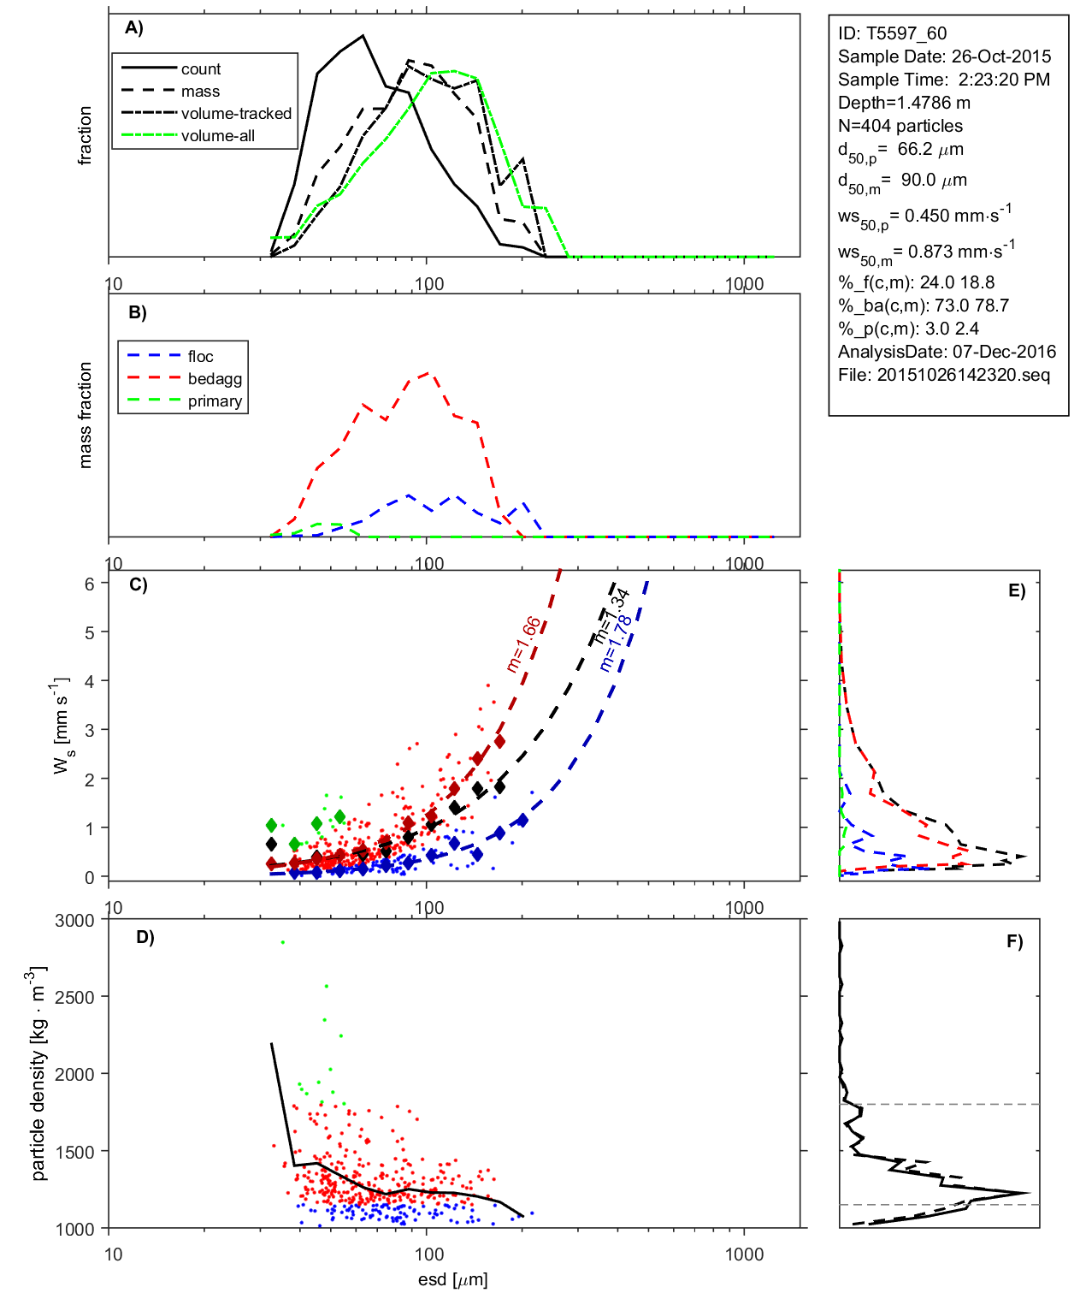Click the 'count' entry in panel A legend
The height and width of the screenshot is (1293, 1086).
[200, 69]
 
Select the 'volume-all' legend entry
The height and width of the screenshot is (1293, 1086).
[217, 136]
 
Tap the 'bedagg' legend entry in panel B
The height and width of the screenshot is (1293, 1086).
[215, 379]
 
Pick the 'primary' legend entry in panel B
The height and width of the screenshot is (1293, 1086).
[215, 401]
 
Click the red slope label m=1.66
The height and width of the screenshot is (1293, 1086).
[523, 644]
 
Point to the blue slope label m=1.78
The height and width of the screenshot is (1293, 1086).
[616, 644]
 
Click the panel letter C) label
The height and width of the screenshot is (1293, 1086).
[138, 585]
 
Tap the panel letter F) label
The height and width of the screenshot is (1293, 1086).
[1014, 942]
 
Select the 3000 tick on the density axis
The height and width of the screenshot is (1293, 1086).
[74, 921]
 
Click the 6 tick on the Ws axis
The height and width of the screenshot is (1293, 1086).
[89, 584]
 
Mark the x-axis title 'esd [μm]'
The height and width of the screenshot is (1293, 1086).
[452, 1280]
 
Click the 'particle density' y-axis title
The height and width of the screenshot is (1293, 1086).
[38, 1073]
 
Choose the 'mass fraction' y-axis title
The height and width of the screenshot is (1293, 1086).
[85, 415]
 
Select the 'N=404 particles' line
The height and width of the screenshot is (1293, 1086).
[900, 126]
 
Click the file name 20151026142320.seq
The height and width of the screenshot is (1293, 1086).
[963, 375]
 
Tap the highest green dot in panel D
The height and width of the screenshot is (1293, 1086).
[283, 942]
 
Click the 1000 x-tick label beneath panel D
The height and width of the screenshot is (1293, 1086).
[744, 1254]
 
